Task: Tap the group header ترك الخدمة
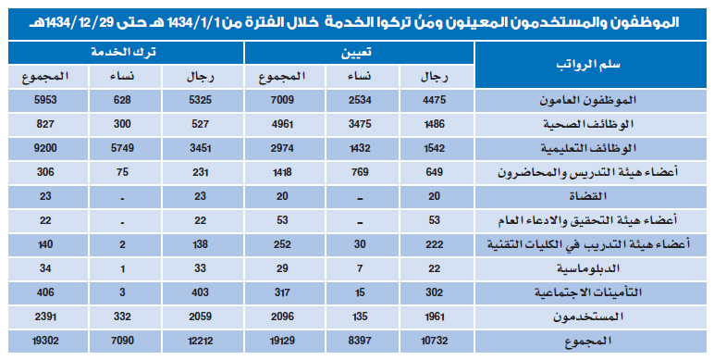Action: (126, 54)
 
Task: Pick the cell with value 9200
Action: (45, 147)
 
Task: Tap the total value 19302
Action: (45, 340)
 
